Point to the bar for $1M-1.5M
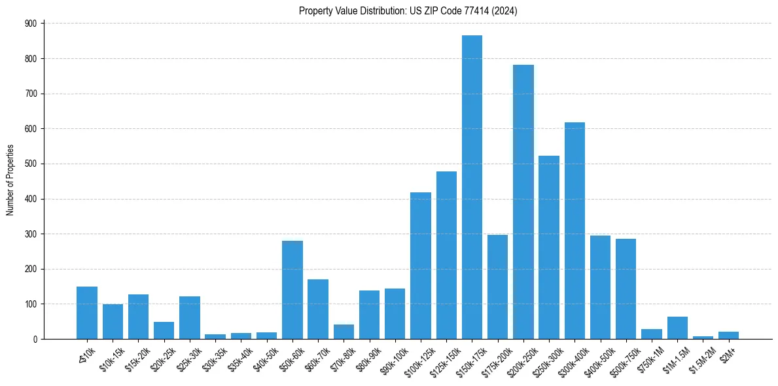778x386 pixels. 677,328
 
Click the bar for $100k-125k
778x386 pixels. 421,266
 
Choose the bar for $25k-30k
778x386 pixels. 190,317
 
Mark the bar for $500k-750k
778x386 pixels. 626,289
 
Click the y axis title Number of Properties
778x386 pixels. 10,181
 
